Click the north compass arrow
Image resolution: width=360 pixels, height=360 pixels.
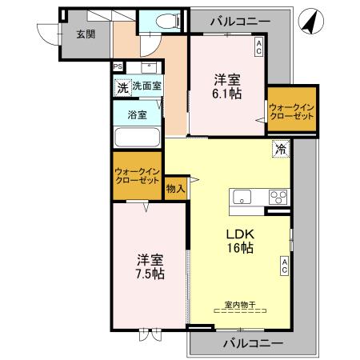tap(307, 25)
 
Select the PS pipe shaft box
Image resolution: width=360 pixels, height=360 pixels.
tap(118, 66)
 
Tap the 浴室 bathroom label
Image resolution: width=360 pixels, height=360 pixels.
tap(137, 114)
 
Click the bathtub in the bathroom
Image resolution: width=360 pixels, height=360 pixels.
tap(137, 135)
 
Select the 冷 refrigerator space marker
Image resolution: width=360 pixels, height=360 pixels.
tap(281, 148)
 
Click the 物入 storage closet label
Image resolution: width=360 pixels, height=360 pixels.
tap(175, 189)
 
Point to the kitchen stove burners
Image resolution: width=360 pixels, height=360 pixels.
tap(278, 196)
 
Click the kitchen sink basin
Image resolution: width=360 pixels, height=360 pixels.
tap(242, 196)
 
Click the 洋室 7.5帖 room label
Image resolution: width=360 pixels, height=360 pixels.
tap(150, 267)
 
